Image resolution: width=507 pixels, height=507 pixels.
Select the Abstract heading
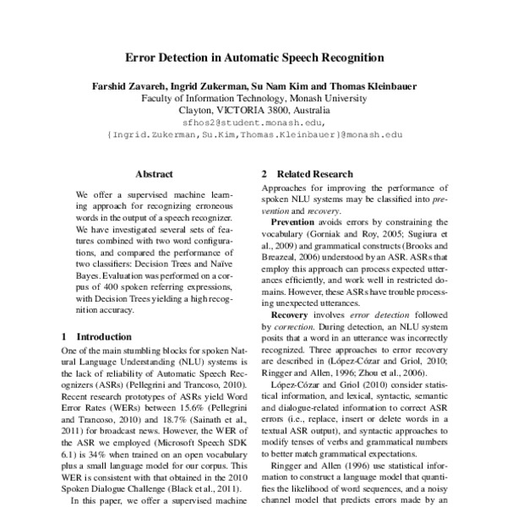click(154, 174)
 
